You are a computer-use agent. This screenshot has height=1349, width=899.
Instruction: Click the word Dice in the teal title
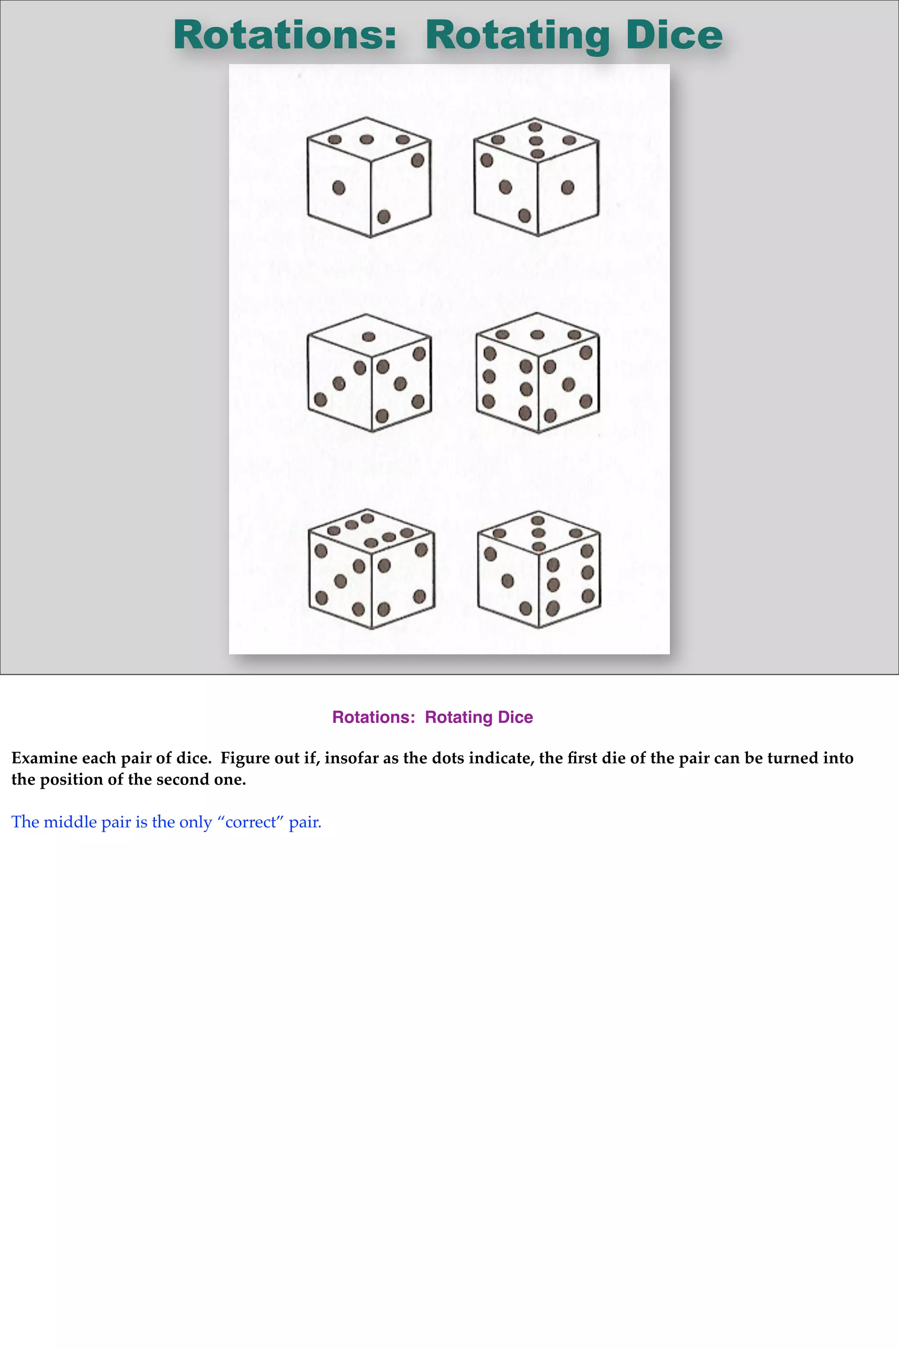[674, 36]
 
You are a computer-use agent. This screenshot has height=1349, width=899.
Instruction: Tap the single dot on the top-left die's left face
[339, 188]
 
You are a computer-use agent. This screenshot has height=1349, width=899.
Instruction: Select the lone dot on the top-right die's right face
[568, 187]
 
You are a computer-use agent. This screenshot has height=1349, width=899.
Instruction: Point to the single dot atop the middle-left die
[369, 337]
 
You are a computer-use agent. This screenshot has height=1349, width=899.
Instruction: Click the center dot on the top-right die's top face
[536, 141]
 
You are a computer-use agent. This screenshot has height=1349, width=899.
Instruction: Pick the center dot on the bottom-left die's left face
[340, 581]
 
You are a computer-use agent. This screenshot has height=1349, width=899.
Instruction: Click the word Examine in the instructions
[44, 758]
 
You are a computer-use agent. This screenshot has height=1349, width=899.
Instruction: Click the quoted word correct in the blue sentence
[251, 822]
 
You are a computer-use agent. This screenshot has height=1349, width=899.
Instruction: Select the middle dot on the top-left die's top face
[367, 139]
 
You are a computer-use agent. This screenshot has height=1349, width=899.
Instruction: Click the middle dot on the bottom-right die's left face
[507, 581]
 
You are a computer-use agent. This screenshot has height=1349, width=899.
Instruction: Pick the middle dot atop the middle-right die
[537, 334]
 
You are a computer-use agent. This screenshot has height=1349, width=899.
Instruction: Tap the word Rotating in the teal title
[517, 36]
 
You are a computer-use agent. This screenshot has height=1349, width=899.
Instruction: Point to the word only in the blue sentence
[196, 822]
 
